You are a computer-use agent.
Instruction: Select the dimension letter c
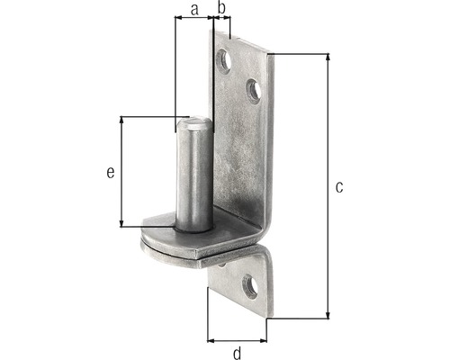339,186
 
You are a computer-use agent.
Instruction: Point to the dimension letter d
238,353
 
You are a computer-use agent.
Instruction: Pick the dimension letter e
110,172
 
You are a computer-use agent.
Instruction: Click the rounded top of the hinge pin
194,123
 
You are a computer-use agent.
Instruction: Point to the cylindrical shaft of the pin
194,180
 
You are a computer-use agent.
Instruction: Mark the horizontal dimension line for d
238,341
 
